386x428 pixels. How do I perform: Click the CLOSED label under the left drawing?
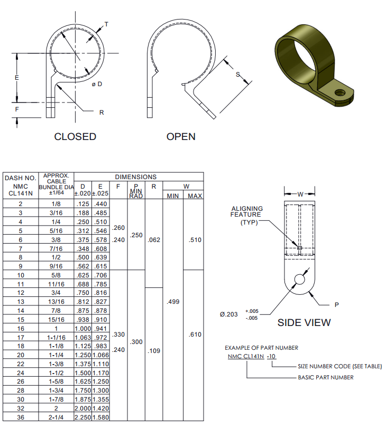(x=75, y=137)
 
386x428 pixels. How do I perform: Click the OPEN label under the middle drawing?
(x=181, y=137)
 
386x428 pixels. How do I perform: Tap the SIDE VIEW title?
(x=304, y=322)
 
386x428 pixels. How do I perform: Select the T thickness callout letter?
(x=106, y=24)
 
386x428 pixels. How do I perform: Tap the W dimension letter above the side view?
(x=300, y=194)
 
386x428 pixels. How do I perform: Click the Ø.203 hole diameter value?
(x=228, y=314)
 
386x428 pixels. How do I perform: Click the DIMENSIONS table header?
(x=135, y=177)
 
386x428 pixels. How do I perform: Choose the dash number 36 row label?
(x=21, y=417)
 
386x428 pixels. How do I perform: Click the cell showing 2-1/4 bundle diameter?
(x=56, y=417)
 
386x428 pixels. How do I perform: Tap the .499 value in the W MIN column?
(x=173, y=302)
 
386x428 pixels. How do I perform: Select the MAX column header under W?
(x=195, y=196)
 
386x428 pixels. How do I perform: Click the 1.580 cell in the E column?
(x=101, y=417)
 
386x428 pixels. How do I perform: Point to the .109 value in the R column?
(x=153, y=350)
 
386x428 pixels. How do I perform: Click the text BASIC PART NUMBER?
(x=326, y=377)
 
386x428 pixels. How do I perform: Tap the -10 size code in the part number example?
(x=271, y=357)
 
